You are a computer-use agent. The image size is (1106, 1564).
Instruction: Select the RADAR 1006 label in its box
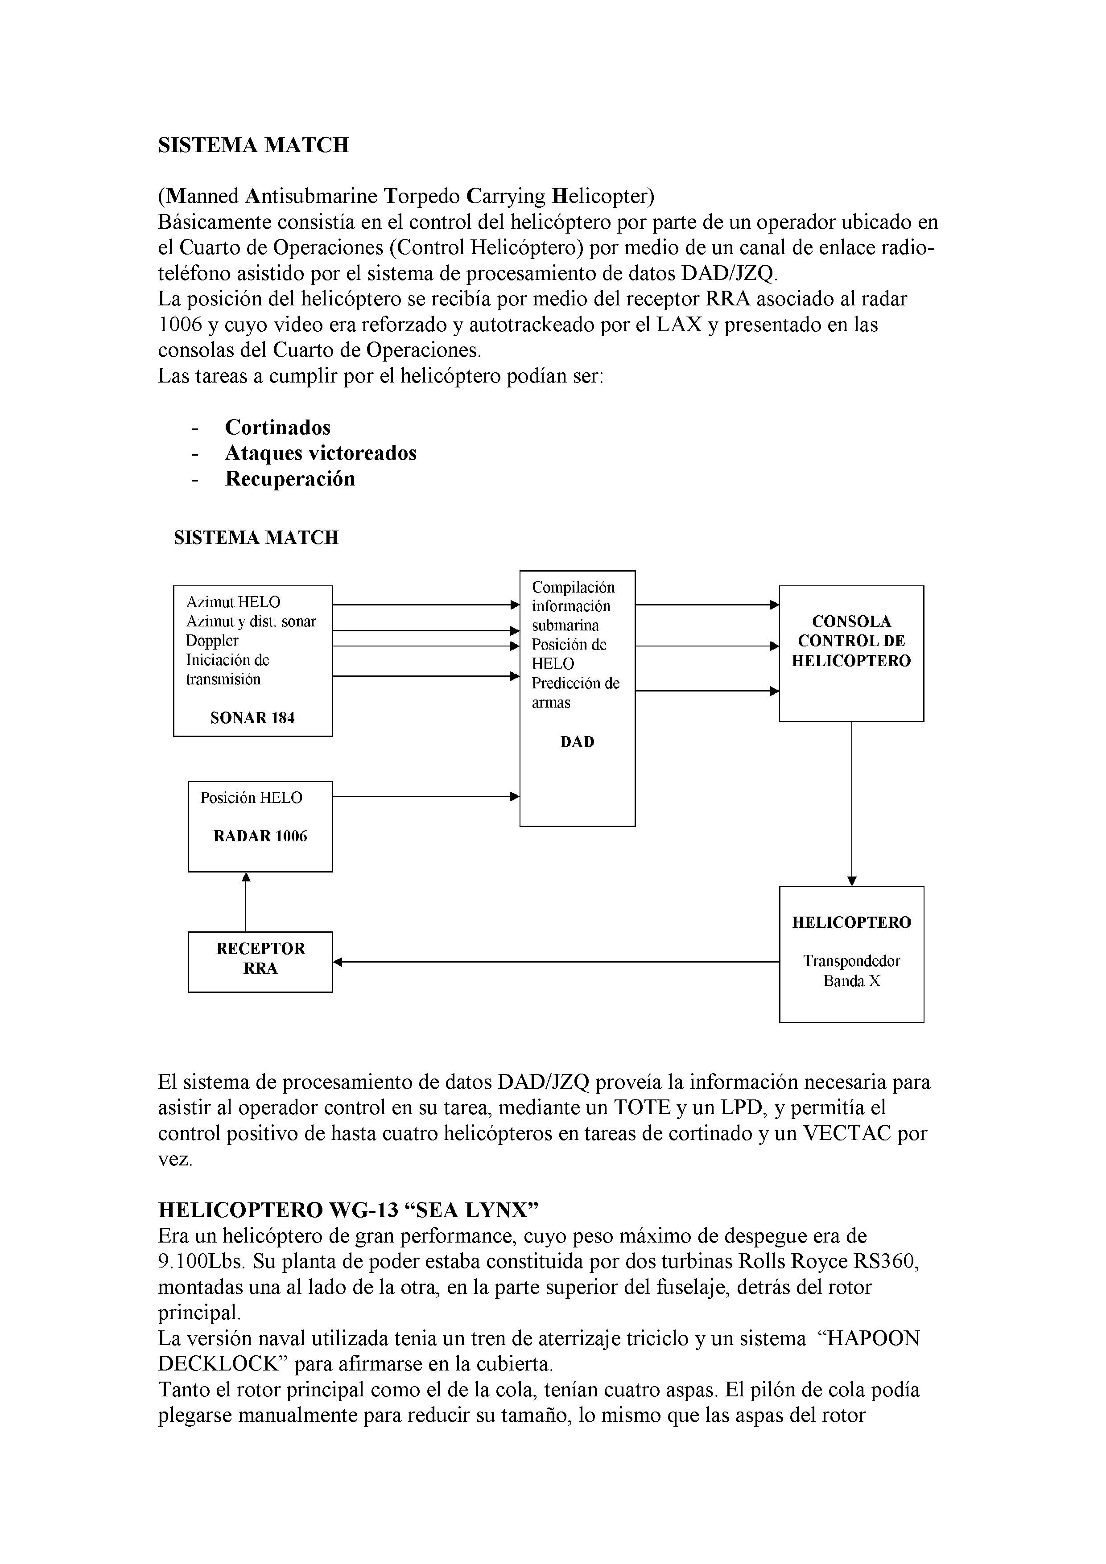click(x=260, y=836)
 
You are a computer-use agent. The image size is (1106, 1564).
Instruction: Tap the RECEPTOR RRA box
click(x=260, y=961)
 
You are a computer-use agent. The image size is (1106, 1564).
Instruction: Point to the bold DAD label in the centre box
click(x=577, y=742)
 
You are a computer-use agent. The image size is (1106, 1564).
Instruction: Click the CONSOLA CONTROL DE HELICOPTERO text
click(x=851, y=641)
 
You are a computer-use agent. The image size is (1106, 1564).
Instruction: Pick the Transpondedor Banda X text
click(x=851, y=971)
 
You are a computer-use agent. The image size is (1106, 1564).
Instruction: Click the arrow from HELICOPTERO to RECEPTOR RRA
click(x=555, y=962)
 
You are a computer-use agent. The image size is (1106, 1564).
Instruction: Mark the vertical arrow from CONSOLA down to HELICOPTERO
click(x=851, y=804)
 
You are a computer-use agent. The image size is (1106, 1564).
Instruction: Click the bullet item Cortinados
click(x=277, y=428)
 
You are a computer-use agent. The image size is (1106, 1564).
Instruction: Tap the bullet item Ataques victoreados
click(x=320, y=453)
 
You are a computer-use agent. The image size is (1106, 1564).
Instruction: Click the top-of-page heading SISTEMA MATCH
click(x=253, y=145)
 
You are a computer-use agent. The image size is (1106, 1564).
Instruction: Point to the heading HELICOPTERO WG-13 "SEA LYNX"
click(x=348, y=1210)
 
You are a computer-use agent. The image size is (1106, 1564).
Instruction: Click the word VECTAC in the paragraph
click(x=847, y=1133)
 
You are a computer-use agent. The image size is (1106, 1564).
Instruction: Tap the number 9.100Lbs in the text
click(x=201, y=1262)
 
